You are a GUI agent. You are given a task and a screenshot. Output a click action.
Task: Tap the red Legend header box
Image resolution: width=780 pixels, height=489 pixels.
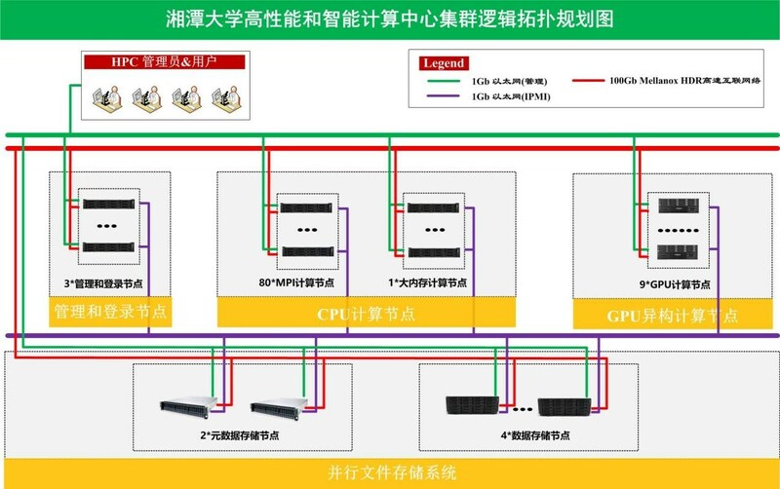tap(443, 62)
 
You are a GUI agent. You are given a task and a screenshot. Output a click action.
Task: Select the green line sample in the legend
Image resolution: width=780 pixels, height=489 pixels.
tap(444, 80)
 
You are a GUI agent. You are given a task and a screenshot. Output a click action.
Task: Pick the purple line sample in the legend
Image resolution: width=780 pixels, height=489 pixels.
tap(444, 97)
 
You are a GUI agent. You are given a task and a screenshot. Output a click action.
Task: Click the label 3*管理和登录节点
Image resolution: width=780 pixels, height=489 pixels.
tap(109, 283)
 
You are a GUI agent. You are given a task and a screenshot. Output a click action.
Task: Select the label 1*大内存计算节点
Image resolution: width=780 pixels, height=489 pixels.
tap(427, 283)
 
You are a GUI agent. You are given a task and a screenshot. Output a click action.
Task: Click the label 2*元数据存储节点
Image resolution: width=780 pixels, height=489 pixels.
tap(239, 434)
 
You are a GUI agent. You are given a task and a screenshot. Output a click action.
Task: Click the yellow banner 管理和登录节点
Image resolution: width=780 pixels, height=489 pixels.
tap(110, 314)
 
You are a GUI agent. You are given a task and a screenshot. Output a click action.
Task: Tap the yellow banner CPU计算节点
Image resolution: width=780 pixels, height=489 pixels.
tap(366, 314)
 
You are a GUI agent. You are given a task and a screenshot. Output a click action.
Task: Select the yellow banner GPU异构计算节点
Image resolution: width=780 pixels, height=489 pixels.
tap(673, 315)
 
